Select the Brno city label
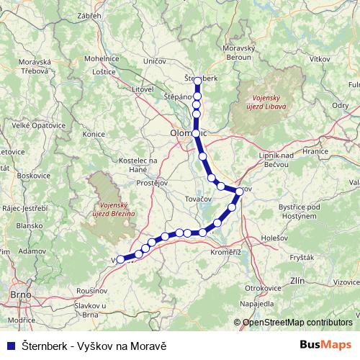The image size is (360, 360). point(19,295)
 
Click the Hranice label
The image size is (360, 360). point(314,152)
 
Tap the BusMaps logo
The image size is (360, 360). point(326,344)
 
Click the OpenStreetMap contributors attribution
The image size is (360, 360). point(297,322)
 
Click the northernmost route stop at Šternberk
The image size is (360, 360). point(197,81)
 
